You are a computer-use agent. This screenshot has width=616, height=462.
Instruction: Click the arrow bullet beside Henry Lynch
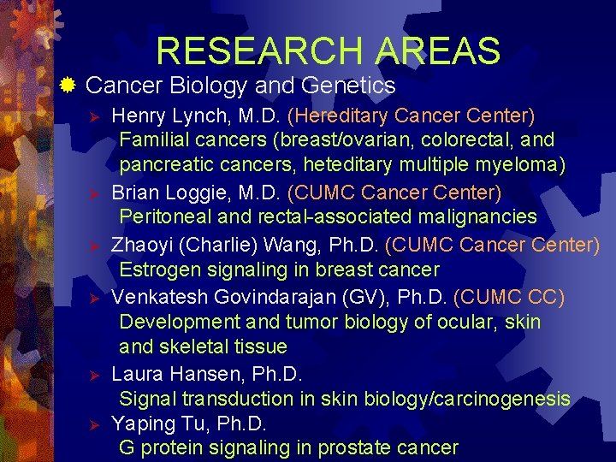point(97,115)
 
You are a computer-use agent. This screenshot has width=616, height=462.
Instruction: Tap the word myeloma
point(524,164)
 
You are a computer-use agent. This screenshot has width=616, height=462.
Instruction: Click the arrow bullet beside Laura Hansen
point(97,375)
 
